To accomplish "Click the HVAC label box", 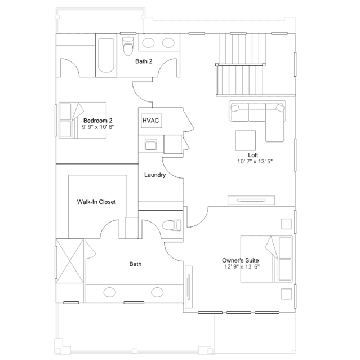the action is pyautogui.click(x=152, y=121).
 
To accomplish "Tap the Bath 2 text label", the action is pyautogui.click(x=144, y=61).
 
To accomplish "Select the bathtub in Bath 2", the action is pyautogui.click(x=106, y=55).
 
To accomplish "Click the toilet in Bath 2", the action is pyautogui.click(x=128, y=46).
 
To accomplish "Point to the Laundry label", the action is pyautogui.click(x=155, y=175).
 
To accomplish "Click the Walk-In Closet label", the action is pyautogui.click(x=96, y=202).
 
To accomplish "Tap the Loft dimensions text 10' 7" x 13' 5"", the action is pyautogui.click(x=255, y=162).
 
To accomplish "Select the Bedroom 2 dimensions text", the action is pyautogui.click(x=98, y=127).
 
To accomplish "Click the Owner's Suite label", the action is pyautogui.click(x=241, y=260).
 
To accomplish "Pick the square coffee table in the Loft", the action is pyautogui.click(x=246, y=140).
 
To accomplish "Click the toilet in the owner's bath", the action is pyautogui.click(x=171, y=225).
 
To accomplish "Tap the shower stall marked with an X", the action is pyautogui.click(x=70, y=261).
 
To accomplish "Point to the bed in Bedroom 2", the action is pyautogui.click(x=83, y=121).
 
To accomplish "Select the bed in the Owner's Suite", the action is pyautogui.click(x=266, y=259).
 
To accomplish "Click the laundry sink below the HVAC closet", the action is pyautogui.click(x=151, y=145).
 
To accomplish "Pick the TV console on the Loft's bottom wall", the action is pyautogui.click(x=251, y=200).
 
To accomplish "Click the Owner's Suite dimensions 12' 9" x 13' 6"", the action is pyautogui.click(x=242, y=267).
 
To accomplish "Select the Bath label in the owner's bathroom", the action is pyautogui.click(x=135, y=264).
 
